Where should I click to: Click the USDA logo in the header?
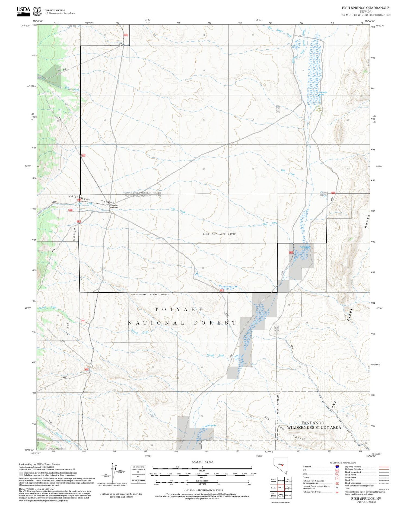(23, 11)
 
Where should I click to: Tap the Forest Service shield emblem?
(37, 12)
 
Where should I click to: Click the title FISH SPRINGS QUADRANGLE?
(365, 8)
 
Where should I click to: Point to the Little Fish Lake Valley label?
(219, 234)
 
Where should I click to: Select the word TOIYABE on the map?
(179, 309)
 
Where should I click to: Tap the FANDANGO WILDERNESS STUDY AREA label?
(314, 425)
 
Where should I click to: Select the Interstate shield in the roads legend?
(337, 466)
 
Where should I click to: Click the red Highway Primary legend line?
(383, 467)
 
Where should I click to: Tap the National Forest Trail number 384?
(337, 492)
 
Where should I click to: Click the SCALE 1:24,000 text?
(202, 462)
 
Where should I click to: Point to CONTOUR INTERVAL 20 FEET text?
(203, 490)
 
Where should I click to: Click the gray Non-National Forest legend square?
(21, 474)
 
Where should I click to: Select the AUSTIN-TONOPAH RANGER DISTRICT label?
(150, 295)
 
